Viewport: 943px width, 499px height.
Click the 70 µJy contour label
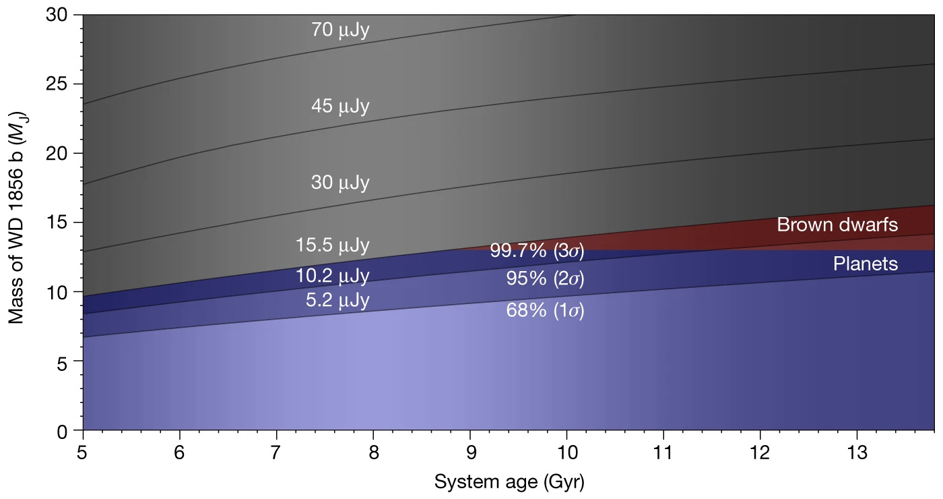pyautogui.click(x=340, y=30)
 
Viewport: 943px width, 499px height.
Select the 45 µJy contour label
pyautogui.click(x=340, y=107)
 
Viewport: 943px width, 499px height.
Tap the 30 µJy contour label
pyautogui.click(x=340, y=183)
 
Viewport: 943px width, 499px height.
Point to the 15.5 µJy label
pyautogui.click(x=333, y=245)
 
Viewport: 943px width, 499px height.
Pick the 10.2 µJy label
pyautogui.click(x=333, y=276)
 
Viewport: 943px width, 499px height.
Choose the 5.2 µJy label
pyautogui.click(x=337, y=299)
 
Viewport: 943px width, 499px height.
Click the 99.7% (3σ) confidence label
pyautogui.click(x=537, y=251)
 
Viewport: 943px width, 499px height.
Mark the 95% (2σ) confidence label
pyautogui.click(x=545, y=278)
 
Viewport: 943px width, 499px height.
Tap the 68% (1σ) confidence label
pyautogui.click(x=545, y=311)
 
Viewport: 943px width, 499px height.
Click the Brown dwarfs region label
pyautogui.click(x=837, y=225)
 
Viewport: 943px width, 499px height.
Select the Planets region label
pyautogui.click(x=866, y=264)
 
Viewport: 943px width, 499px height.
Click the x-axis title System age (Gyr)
pyautogui.click(x=509, y=482)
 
